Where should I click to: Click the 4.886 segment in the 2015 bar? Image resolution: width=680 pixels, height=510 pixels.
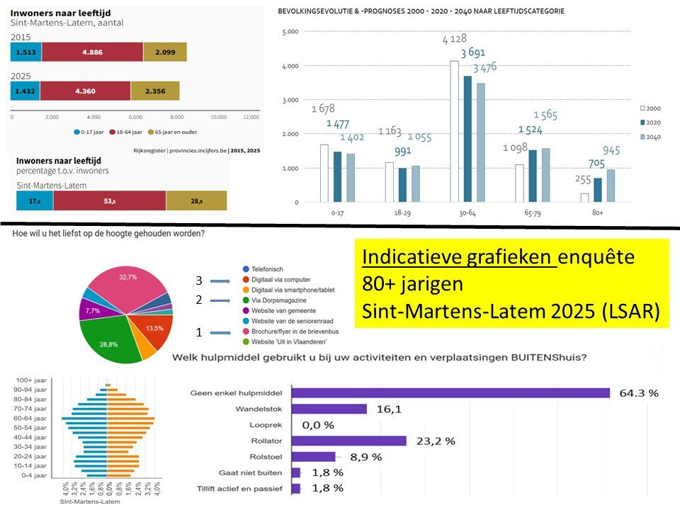pos(92,52)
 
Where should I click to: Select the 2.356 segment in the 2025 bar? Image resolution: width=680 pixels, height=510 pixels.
pos(154,91)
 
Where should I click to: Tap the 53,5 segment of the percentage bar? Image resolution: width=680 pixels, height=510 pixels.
pos(109,200)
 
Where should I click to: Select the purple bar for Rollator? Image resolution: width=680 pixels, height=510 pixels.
pos(349,441)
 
